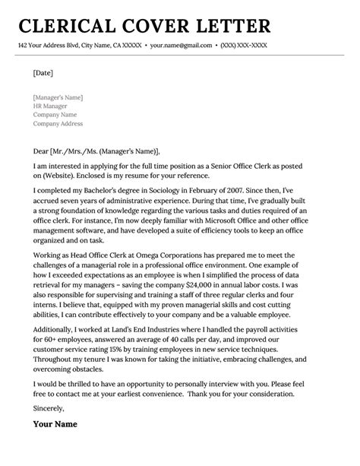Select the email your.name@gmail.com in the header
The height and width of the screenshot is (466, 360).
[x=180, y=47]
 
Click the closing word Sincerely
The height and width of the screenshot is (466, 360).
[x=49, y=430]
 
